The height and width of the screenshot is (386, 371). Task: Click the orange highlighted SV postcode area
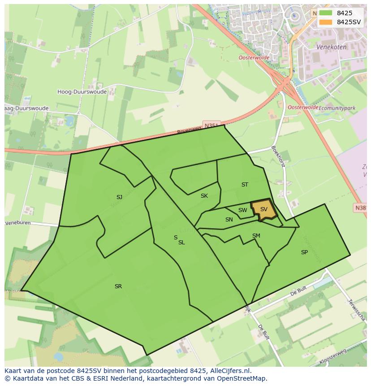point(264,209)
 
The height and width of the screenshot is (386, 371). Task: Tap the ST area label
point(245,185)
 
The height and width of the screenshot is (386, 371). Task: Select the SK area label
point(204,196)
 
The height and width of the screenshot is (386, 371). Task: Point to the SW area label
point(242,210)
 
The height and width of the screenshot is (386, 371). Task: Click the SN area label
point(229,220)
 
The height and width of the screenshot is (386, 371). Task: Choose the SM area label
point(256,236)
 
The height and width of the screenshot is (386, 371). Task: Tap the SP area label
point(304,252)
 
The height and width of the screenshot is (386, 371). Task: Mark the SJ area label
point(119,197)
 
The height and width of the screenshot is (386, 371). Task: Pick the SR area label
point(118,286)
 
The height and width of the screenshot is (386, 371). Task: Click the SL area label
point(181,243)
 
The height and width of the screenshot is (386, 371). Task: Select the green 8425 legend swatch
point(325,13)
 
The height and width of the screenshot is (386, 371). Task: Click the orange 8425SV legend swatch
point(325,22)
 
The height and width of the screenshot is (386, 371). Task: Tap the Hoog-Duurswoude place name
point(82,92)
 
